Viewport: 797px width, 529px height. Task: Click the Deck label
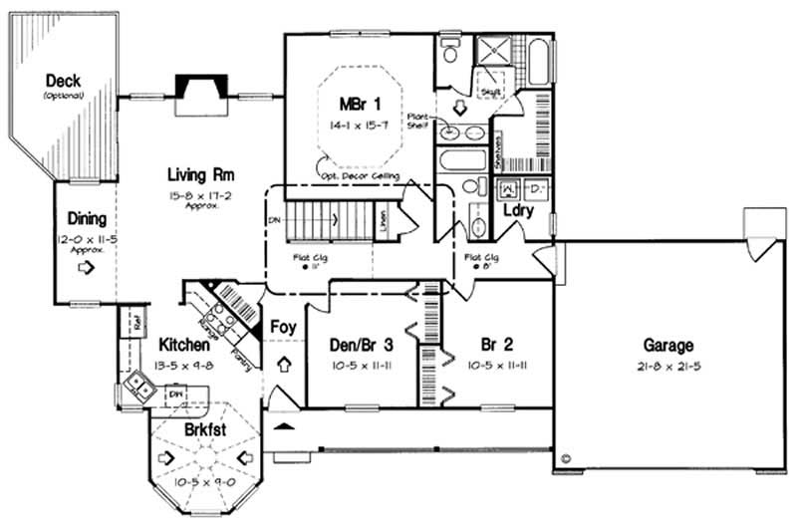click(63, 82)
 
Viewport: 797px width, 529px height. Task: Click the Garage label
click(667, 346)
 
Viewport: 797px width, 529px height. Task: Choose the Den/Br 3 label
click(362, 345)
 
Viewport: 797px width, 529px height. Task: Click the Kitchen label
click(183, 345)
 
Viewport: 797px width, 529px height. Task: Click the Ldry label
click(517, 211)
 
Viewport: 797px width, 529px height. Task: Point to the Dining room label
click(87, 218)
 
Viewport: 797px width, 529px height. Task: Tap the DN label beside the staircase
click(273, 220)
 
